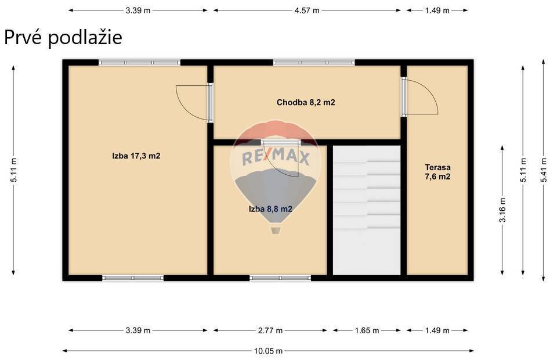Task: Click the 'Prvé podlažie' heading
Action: [63, 38]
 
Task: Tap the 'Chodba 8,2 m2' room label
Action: [306, 103]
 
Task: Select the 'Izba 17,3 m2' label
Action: [136, 156]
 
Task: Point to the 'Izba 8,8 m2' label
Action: [271, 209]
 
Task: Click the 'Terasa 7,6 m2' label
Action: [437, 172]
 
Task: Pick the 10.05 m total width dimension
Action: [268, 351]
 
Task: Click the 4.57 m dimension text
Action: [307, 10]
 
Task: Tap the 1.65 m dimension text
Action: [367, 330]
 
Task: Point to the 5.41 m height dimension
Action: [544, 170]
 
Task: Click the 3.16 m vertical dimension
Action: [502, 210]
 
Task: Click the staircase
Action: [367, 210]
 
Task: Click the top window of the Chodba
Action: [314, 63]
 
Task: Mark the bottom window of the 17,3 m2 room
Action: [133, 278]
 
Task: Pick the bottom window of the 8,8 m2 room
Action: [280, 278]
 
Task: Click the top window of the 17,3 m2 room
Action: [139, 63]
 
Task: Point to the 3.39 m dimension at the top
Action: [138, 10]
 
